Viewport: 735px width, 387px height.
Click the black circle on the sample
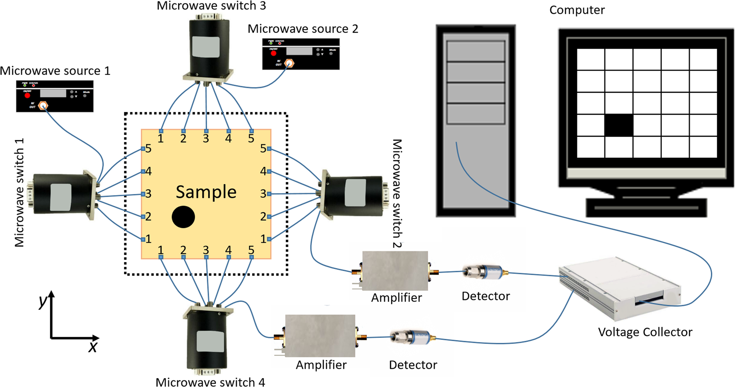coord(183,217)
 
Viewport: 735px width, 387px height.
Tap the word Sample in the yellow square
coord(206,192)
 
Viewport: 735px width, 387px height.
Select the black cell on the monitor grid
coord(619,125)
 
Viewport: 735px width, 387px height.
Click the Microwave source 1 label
coord(55,70)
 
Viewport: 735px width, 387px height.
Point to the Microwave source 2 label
coord(303,29)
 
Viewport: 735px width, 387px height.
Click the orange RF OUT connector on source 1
coord(43,106)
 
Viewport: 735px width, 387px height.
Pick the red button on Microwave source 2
coord(273,53)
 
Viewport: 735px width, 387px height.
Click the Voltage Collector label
coord(645,332)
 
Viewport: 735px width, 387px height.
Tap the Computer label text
coord(577,10)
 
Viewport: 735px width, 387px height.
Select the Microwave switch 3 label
coord(211,6)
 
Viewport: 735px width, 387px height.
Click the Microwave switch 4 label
coord(210,382)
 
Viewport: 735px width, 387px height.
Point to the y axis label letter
coord(43,301)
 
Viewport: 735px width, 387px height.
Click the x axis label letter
coord(93,347)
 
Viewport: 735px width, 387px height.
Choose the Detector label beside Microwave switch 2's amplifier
coord(485,296)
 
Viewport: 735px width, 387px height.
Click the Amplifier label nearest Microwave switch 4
coord(321,365)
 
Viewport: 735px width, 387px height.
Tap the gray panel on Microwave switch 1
coord(61,197)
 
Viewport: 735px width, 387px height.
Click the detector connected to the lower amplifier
coord(413,337)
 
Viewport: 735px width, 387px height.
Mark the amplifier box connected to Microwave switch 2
coord(395,271)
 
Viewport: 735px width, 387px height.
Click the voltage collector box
coord(619,286)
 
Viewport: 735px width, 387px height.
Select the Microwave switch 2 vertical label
coord(397,193)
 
